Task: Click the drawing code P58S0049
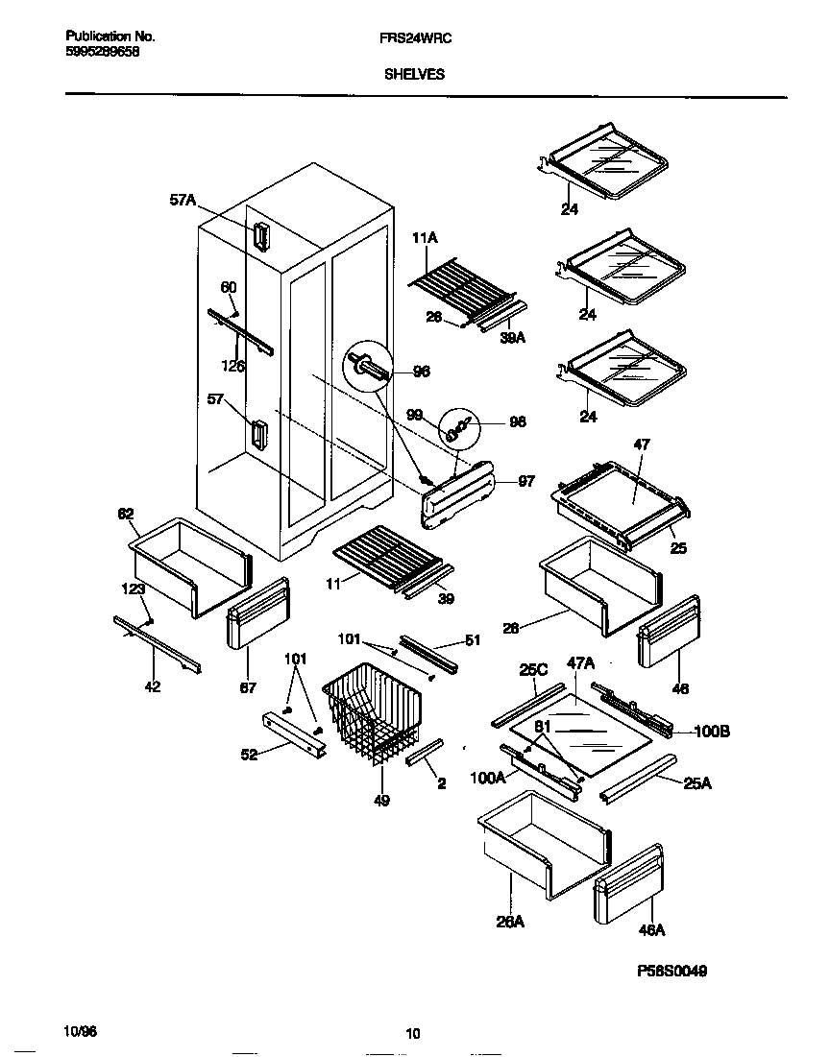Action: point(672,971)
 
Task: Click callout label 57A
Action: point(183,200)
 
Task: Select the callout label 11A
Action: point(425,236)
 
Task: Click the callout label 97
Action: point(525,481)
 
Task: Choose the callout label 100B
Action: point(712,732)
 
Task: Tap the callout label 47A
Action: point(580,662)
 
